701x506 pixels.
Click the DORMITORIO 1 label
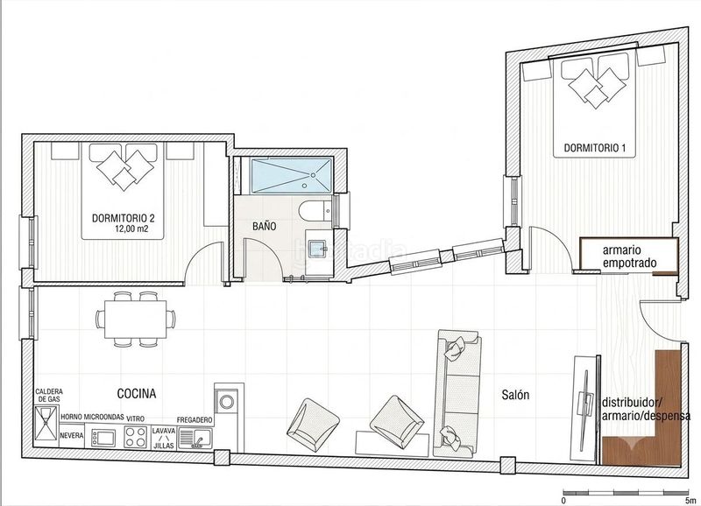pos(594,148)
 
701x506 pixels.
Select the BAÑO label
pos(265,226)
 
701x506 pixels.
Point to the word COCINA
pos(137,393)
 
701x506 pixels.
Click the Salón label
pos(515,394)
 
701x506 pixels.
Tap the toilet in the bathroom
pos(315,211)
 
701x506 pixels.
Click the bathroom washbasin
pos(319,247)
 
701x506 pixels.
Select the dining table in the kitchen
pos(136,320)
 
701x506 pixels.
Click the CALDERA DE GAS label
pos(49,395)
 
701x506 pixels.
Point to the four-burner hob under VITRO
pos(136,437)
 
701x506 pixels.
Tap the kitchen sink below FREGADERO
pos(195,437)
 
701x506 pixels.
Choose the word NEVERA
pos(71,434)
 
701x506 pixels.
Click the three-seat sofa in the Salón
pos(457,394)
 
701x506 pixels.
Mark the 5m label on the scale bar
pos(690,500)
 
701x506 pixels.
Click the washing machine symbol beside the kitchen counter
pos(228,400)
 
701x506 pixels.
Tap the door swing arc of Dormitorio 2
pos(202,255)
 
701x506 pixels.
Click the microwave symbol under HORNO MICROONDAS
pos(103,438)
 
